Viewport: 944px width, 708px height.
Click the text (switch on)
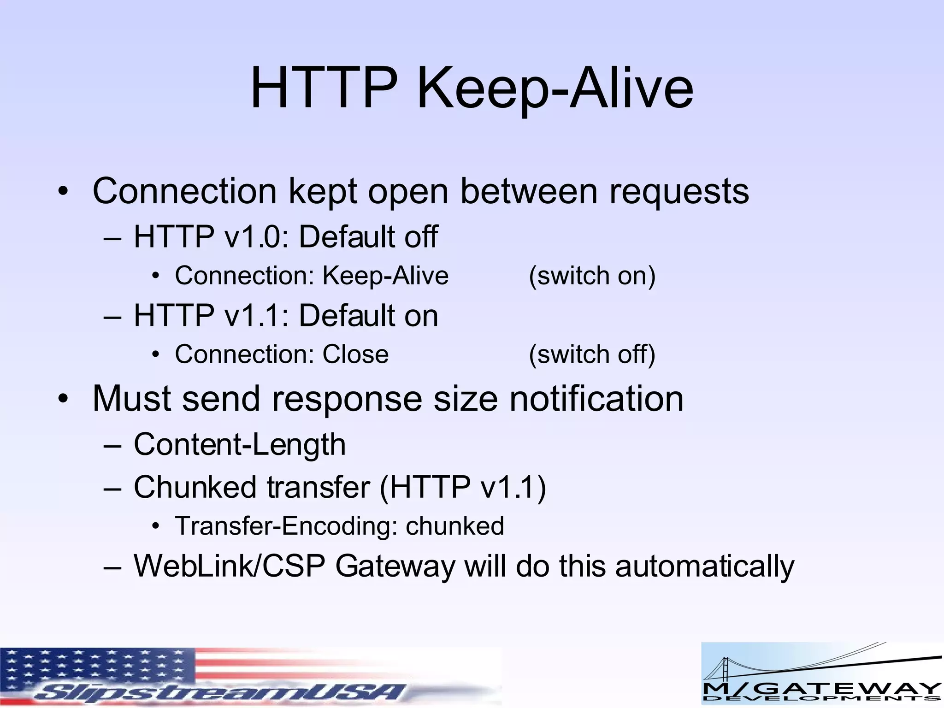pos(592,276)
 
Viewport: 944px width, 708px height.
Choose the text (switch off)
pos(592,354)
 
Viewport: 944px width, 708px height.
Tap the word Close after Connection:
pos(355,354)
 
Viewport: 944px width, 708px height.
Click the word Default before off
pos(347,236)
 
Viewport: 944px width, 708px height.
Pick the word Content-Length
pos(240,445)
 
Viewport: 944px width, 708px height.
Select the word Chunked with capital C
pos(195,487)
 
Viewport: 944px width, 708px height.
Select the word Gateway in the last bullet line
pos(395,566)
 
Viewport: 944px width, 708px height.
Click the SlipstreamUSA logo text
pos(221,692)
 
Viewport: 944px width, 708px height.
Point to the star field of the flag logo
pos(92,666)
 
